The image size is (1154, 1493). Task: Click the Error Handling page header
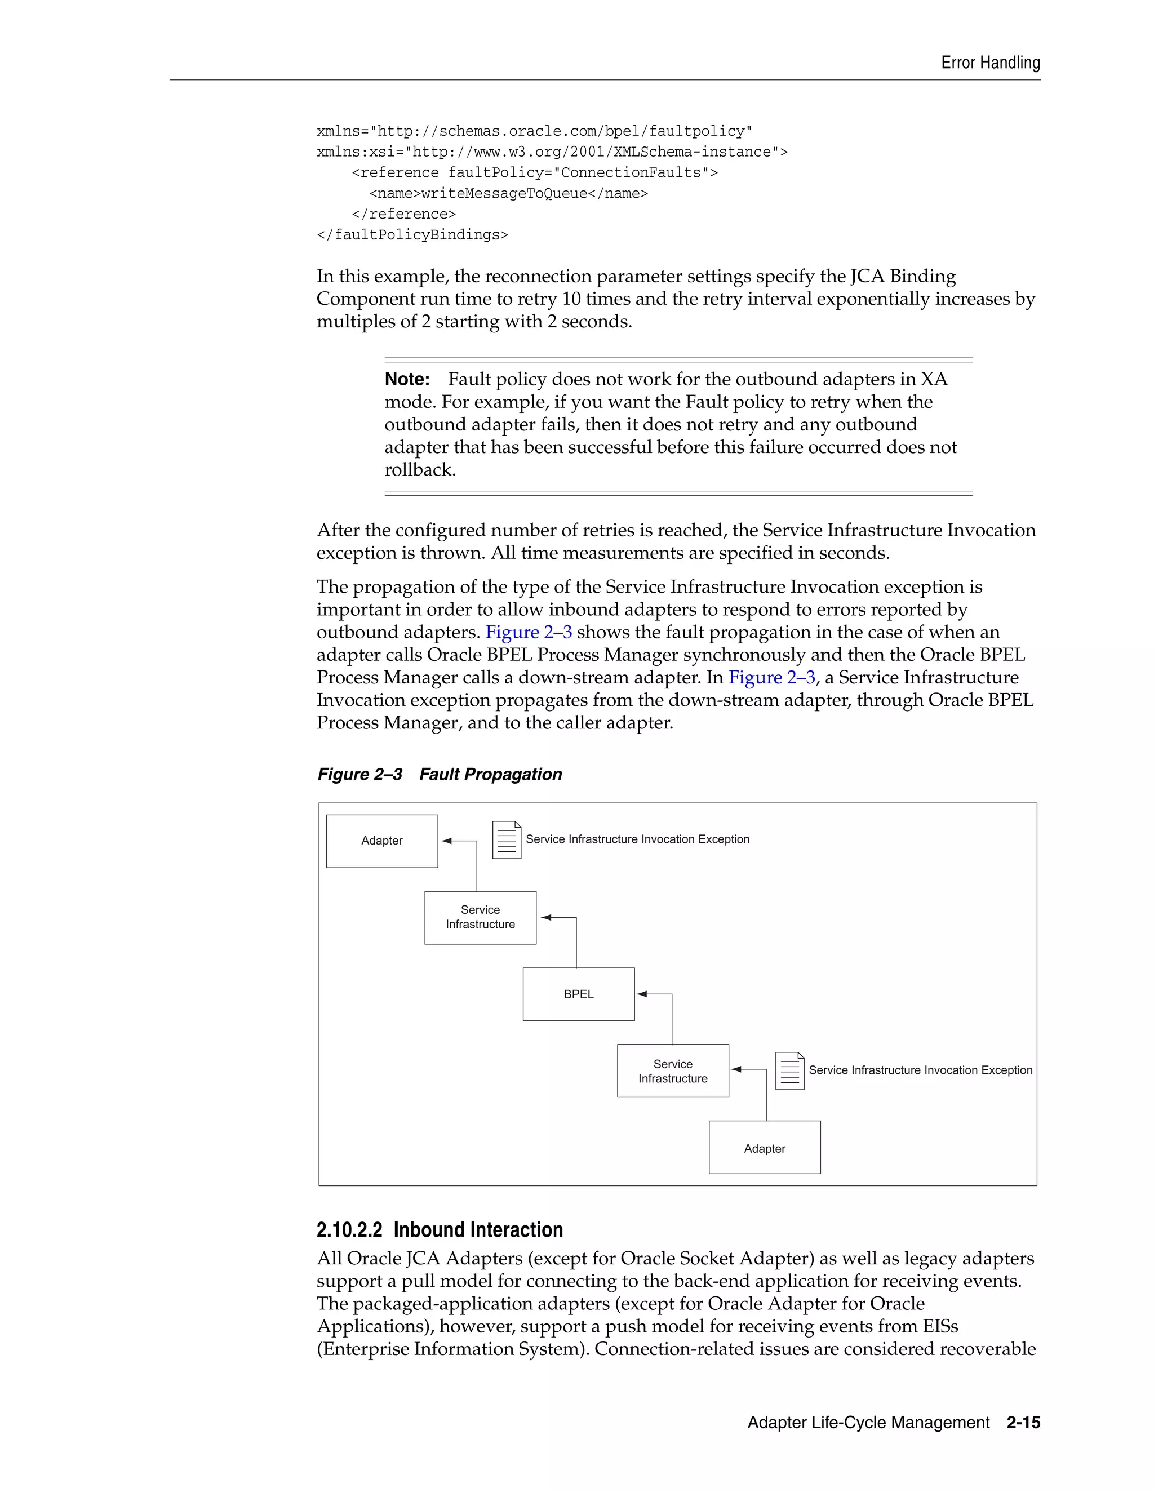click(x=990, y=63)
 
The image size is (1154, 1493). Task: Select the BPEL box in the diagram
click(x=578, y=994)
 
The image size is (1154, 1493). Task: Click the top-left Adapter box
click(x=381, y=841)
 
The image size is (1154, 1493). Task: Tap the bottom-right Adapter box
click(x=764, y=1148)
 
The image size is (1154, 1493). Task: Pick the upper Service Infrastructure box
click(x=480, y=917)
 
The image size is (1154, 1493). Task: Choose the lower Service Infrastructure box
click(x=673, y=1070)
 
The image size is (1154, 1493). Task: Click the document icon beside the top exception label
click(x=507, y=839)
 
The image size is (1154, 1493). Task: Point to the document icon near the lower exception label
click(x=789, y=1070)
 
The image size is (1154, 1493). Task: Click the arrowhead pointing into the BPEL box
click(x=642, y=994)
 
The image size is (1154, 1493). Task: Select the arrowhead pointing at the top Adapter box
click(x=446, y=841)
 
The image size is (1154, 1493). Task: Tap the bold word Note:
click(x=407, y=379)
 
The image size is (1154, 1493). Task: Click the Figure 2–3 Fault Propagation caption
click(x=439, y=775)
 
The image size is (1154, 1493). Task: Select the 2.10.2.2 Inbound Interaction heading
click(x=439, y=1230)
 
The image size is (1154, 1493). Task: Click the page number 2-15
click(x=1023, y=1423)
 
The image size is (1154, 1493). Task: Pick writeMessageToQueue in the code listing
click(x=504, y=193)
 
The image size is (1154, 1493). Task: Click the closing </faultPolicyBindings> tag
click(x=412, y=235)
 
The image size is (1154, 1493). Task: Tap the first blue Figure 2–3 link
click(x=528, y=632)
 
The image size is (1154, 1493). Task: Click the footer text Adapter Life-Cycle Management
click(x=868, y=1423)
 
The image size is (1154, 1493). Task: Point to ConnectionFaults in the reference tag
click(x=631, y=173)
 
